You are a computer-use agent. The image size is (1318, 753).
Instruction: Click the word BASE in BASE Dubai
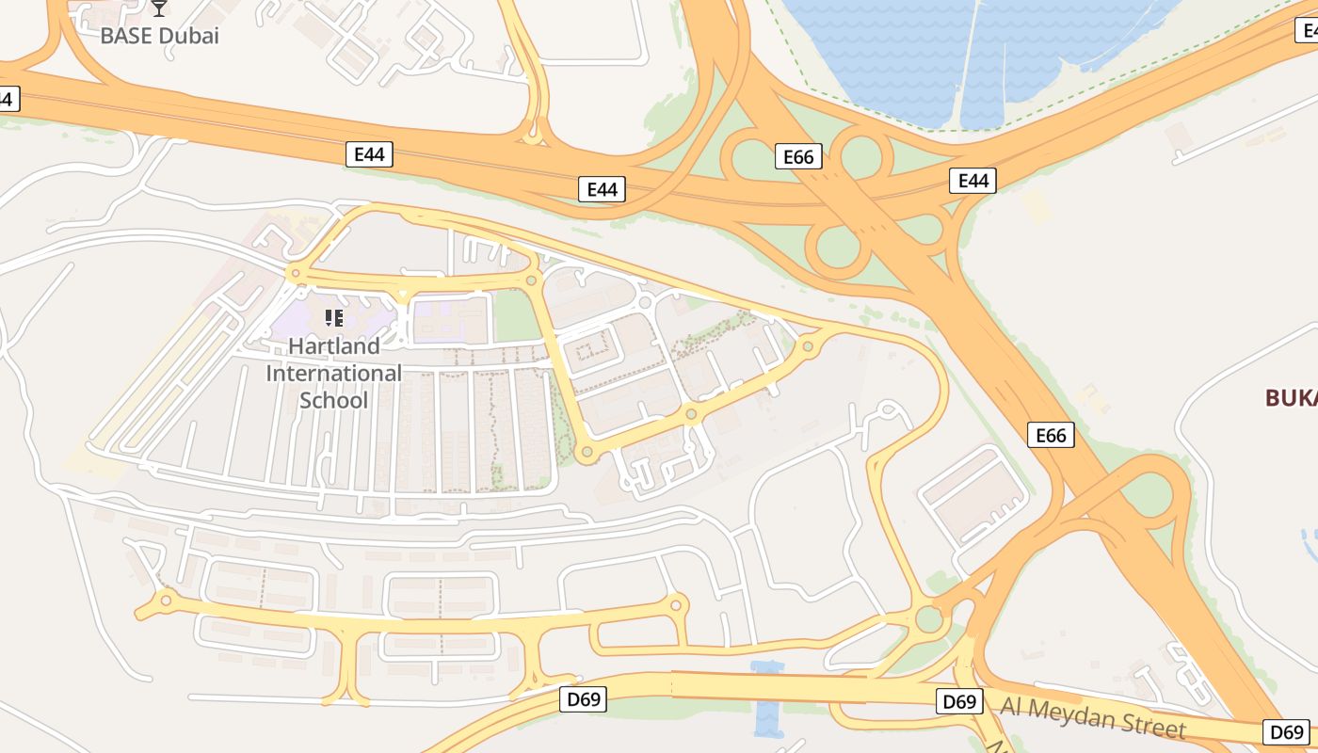pos(127,37)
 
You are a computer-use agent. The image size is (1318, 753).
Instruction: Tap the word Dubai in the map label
pos(187,37)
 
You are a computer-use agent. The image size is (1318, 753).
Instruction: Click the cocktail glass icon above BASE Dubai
pos(159,8)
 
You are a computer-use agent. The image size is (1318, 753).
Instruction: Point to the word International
pos(333,374)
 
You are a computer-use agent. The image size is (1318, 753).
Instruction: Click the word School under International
pos(333,401)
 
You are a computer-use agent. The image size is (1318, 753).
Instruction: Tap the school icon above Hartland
pos(333,318)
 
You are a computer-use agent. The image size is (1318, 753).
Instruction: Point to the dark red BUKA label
pos(1291,398)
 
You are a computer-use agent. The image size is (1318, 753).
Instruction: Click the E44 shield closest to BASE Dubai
pos(370,155)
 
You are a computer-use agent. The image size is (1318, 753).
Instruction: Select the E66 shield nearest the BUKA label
pos(1051,435)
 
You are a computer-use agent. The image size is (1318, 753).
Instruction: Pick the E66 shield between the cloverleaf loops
pos(798,156)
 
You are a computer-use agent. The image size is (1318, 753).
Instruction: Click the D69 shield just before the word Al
pos(959,701)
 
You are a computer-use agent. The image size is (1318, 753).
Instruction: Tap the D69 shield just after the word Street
pos(1286,732)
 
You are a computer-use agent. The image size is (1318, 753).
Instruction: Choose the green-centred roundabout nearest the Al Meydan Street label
pos(930,618)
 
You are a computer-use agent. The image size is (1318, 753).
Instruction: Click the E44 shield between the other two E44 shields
pos(602,189)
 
